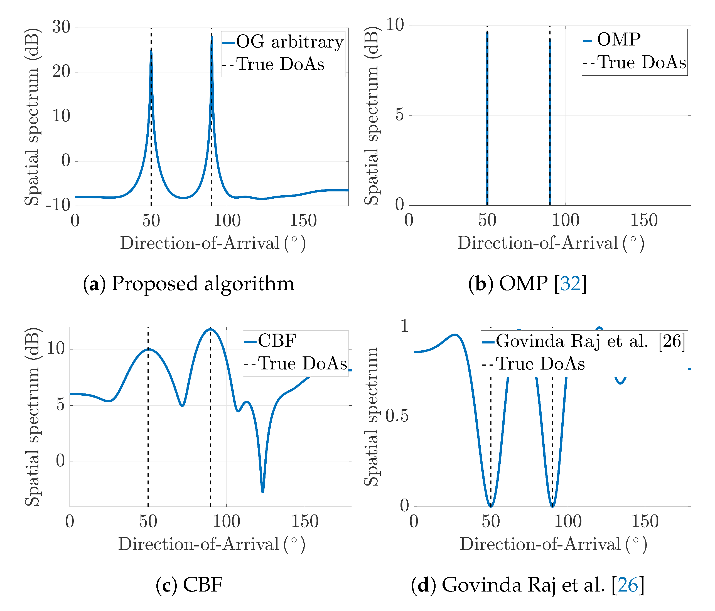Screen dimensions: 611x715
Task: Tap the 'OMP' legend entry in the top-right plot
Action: click(x=618, y=40)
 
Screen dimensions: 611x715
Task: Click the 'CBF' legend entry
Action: click(x=277, y=341)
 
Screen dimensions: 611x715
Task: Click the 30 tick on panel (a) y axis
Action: click(x=62, y=27)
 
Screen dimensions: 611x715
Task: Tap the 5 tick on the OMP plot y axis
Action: click(x=399, y=115)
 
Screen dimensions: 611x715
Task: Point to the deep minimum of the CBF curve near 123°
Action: click(x=263, y=491)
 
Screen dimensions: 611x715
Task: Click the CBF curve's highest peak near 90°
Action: click(x=210, y=329)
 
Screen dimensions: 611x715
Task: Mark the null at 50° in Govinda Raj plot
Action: click(x=491, y=506)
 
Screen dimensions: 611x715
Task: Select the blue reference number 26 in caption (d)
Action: click(x=628, y=585)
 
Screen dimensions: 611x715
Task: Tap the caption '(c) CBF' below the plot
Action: click(x=189, y=585)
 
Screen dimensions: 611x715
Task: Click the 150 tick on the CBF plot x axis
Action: click(x=305, y=521)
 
